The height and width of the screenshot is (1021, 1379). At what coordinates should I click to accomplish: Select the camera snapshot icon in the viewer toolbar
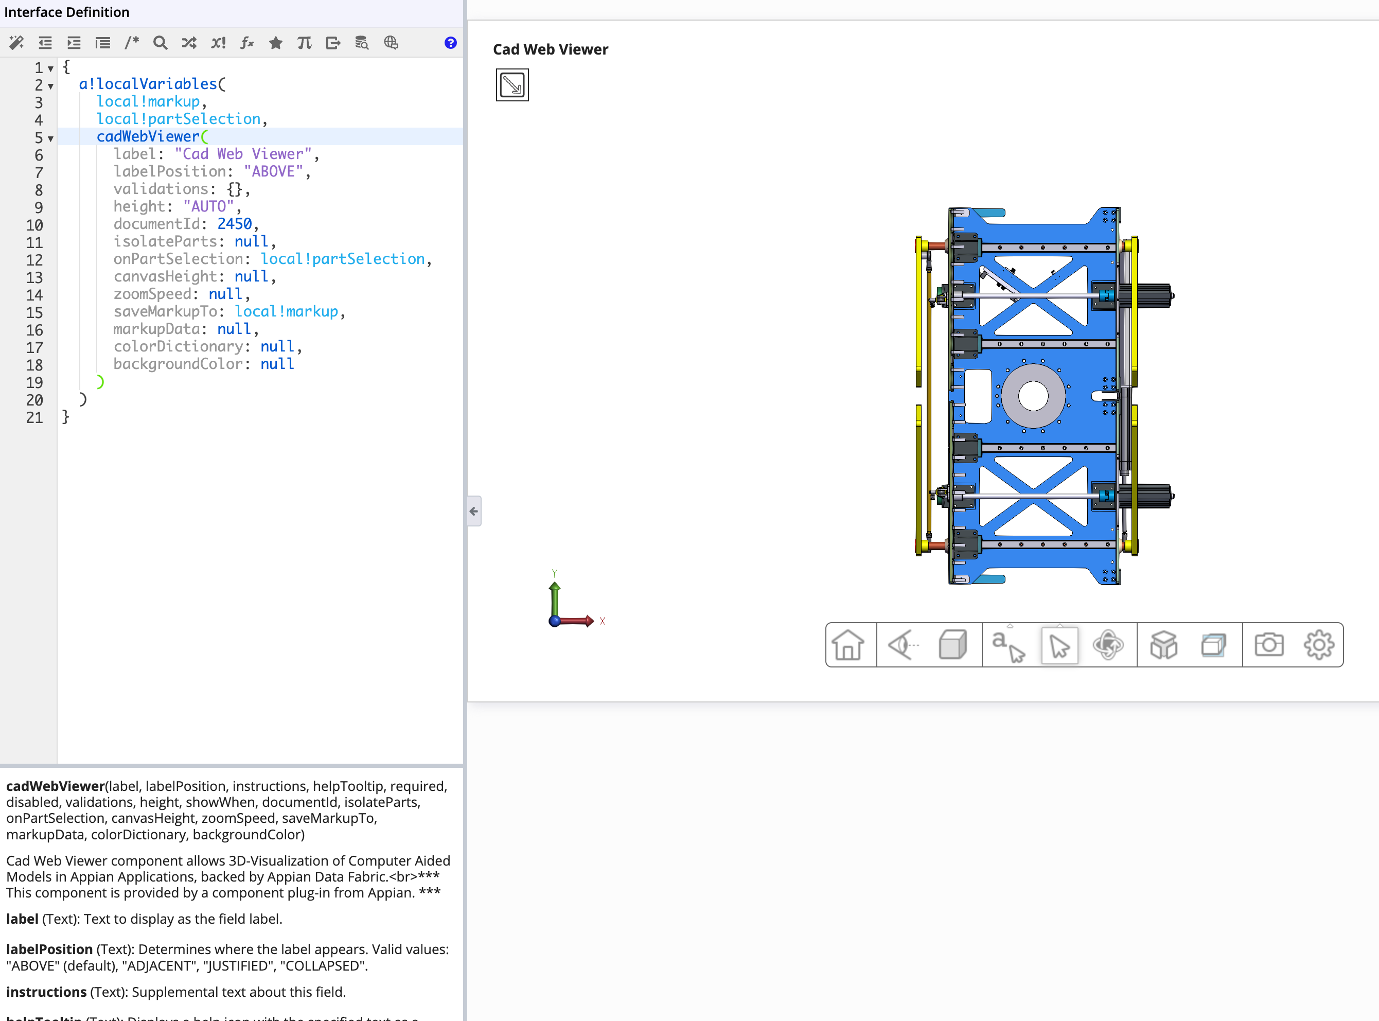coord(1269,645)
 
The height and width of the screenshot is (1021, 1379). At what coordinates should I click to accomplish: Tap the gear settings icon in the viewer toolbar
coord(1319,645)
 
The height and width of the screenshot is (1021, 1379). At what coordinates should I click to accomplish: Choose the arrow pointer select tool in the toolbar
coord(1059,646)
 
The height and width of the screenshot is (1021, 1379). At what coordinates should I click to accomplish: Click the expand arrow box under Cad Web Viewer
coord(512,85)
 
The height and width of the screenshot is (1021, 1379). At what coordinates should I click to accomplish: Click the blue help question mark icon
coord(450,43)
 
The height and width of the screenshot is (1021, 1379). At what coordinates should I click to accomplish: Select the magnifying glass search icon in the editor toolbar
coord(160,43)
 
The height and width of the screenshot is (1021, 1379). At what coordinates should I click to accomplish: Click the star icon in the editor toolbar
coord(276,43)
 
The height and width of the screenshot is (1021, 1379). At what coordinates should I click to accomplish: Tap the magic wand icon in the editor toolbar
coord(16,43)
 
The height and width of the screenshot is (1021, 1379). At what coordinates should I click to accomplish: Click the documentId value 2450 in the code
coord(234,224)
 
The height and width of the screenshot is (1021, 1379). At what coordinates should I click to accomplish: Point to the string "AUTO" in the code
coord(208,206)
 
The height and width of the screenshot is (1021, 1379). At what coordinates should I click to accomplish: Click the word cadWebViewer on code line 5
coord(148,136)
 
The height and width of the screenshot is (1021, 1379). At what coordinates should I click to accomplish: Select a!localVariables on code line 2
coord(148,84)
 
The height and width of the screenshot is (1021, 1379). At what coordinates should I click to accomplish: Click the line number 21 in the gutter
coord(34,418)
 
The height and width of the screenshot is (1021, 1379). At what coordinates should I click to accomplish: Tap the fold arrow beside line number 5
coord(50,138)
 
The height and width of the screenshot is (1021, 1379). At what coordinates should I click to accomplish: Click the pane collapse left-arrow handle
coord(474,511)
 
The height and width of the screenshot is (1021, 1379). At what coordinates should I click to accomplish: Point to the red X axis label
coord(603,621)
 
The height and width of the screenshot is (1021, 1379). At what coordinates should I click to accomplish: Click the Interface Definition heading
coord(67,12)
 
